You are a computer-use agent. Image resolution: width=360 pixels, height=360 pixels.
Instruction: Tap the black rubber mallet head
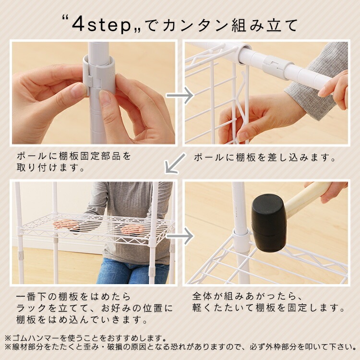click(268, 222)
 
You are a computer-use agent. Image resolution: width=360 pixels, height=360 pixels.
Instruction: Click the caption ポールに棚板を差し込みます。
click(264, 157)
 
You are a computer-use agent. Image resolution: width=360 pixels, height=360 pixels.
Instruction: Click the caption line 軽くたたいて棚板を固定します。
click(268, 308)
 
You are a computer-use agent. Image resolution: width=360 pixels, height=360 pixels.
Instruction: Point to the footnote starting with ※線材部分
click(180, 347)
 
